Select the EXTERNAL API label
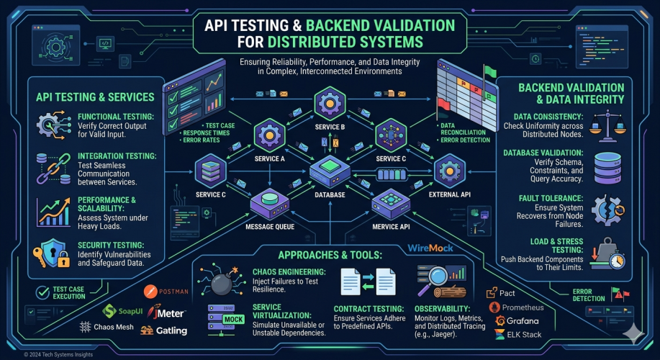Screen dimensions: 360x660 click(x=450, y=194)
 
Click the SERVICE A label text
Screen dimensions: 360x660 click(x=269, y=159)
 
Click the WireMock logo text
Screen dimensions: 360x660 click(x=430, y=248)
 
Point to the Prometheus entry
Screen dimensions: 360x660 click(x=517, y=307)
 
